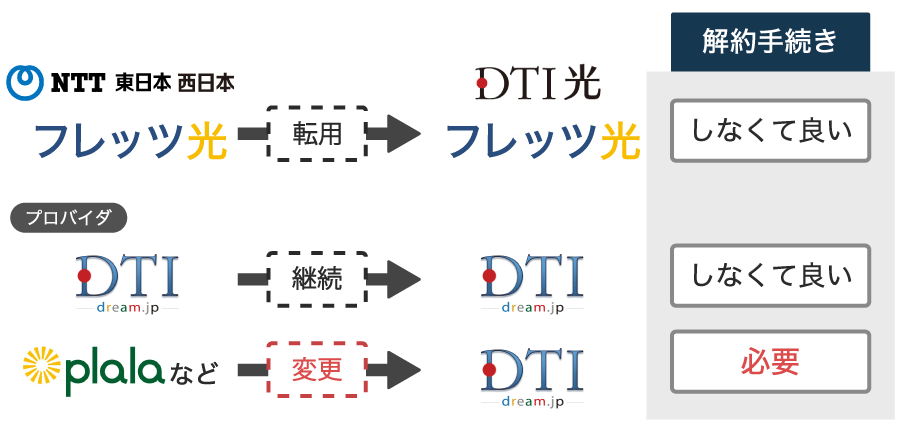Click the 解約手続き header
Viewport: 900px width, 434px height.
(770, 42)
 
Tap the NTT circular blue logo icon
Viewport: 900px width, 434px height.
(24, 83)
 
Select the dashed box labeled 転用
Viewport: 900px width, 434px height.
(317, 134)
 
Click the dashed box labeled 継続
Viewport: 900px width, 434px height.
(317, 279)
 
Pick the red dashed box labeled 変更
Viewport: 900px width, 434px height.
(317, 370)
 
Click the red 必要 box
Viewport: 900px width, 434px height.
(770, 362)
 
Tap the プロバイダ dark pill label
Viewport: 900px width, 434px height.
(69, 218)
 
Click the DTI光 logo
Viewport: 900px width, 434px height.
(538, 84)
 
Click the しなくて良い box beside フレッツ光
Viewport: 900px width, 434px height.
(770, 131)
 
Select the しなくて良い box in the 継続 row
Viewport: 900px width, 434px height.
(770, 276)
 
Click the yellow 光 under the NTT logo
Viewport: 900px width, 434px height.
(207, 141)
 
